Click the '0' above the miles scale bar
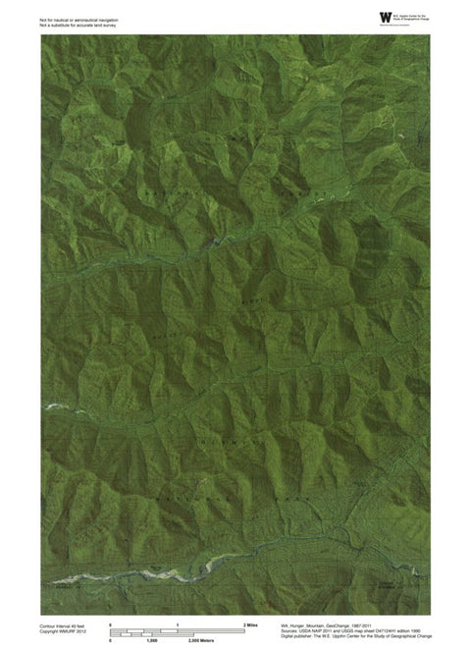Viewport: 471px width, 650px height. click(110, 624)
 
